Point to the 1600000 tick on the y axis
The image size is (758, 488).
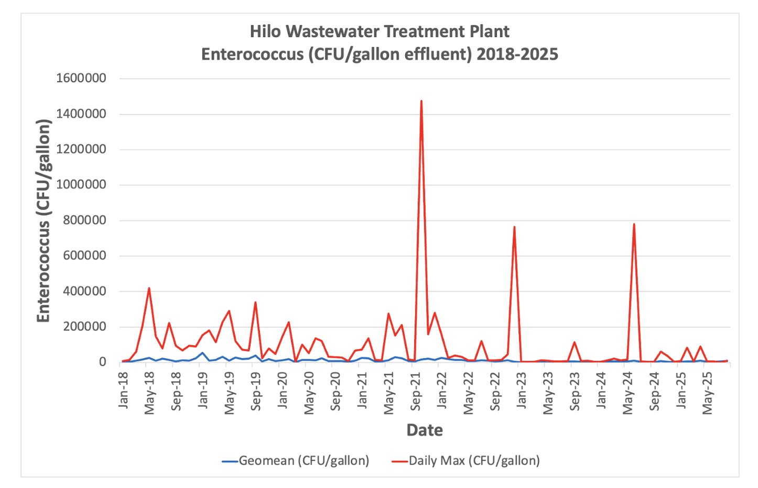point(81,79)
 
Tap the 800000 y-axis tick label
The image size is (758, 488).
point(84,220)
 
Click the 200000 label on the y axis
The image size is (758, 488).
point(84,327)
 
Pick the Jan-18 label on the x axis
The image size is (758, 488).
point(123,390)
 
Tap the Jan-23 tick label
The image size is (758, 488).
point(522,390)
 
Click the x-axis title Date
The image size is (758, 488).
point(425,430)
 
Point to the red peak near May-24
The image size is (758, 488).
point(634,225)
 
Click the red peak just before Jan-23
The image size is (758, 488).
point(515,227)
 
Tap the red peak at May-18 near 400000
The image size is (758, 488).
point(149,288)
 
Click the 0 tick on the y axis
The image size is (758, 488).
point(102,362)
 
